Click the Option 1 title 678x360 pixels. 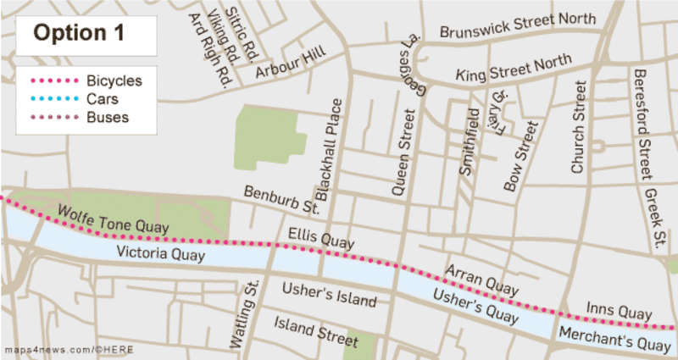(x=79, y=34)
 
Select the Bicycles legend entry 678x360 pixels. (x=114, y=81)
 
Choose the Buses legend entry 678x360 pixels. (x=108, y=117)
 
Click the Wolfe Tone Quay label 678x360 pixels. (x=113, y=219)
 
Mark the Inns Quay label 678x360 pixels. (x=619, y=313)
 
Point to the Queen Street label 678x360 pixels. (x=407, y=152)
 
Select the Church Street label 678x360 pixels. (x=580, y=127)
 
